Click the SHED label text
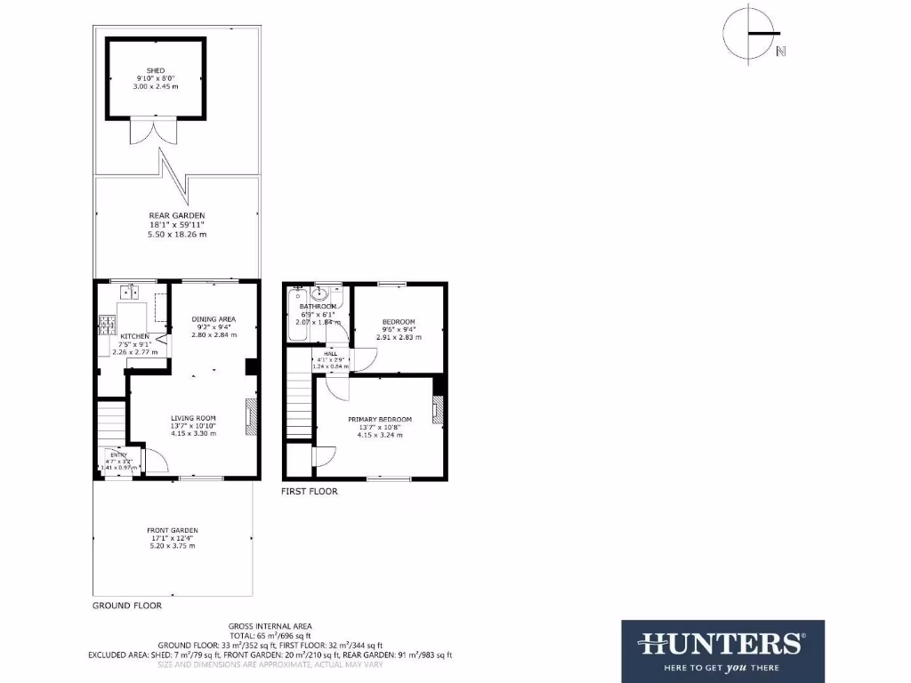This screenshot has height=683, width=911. pyautogui.click(x=156, y=70)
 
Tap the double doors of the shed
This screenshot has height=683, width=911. pyautogui.click(x=148, y=131)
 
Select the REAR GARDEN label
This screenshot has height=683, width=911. pyautogui.click(x=177, y=215)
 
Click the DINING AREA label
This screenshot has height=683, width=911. pyautogui.click(x=214, y=318)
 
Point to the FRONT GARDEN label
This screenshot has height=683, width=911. pyautogui.click(x=173, y=530)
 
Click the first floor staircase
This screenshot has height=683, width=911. pyautogui.click(x=301, y=404)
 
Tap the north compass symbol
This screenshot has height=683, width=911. pyautogui.click(x=750, y=34)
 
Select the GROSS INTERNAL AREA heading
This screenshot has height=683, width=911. pyautogui.click(x=270, y=626)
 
